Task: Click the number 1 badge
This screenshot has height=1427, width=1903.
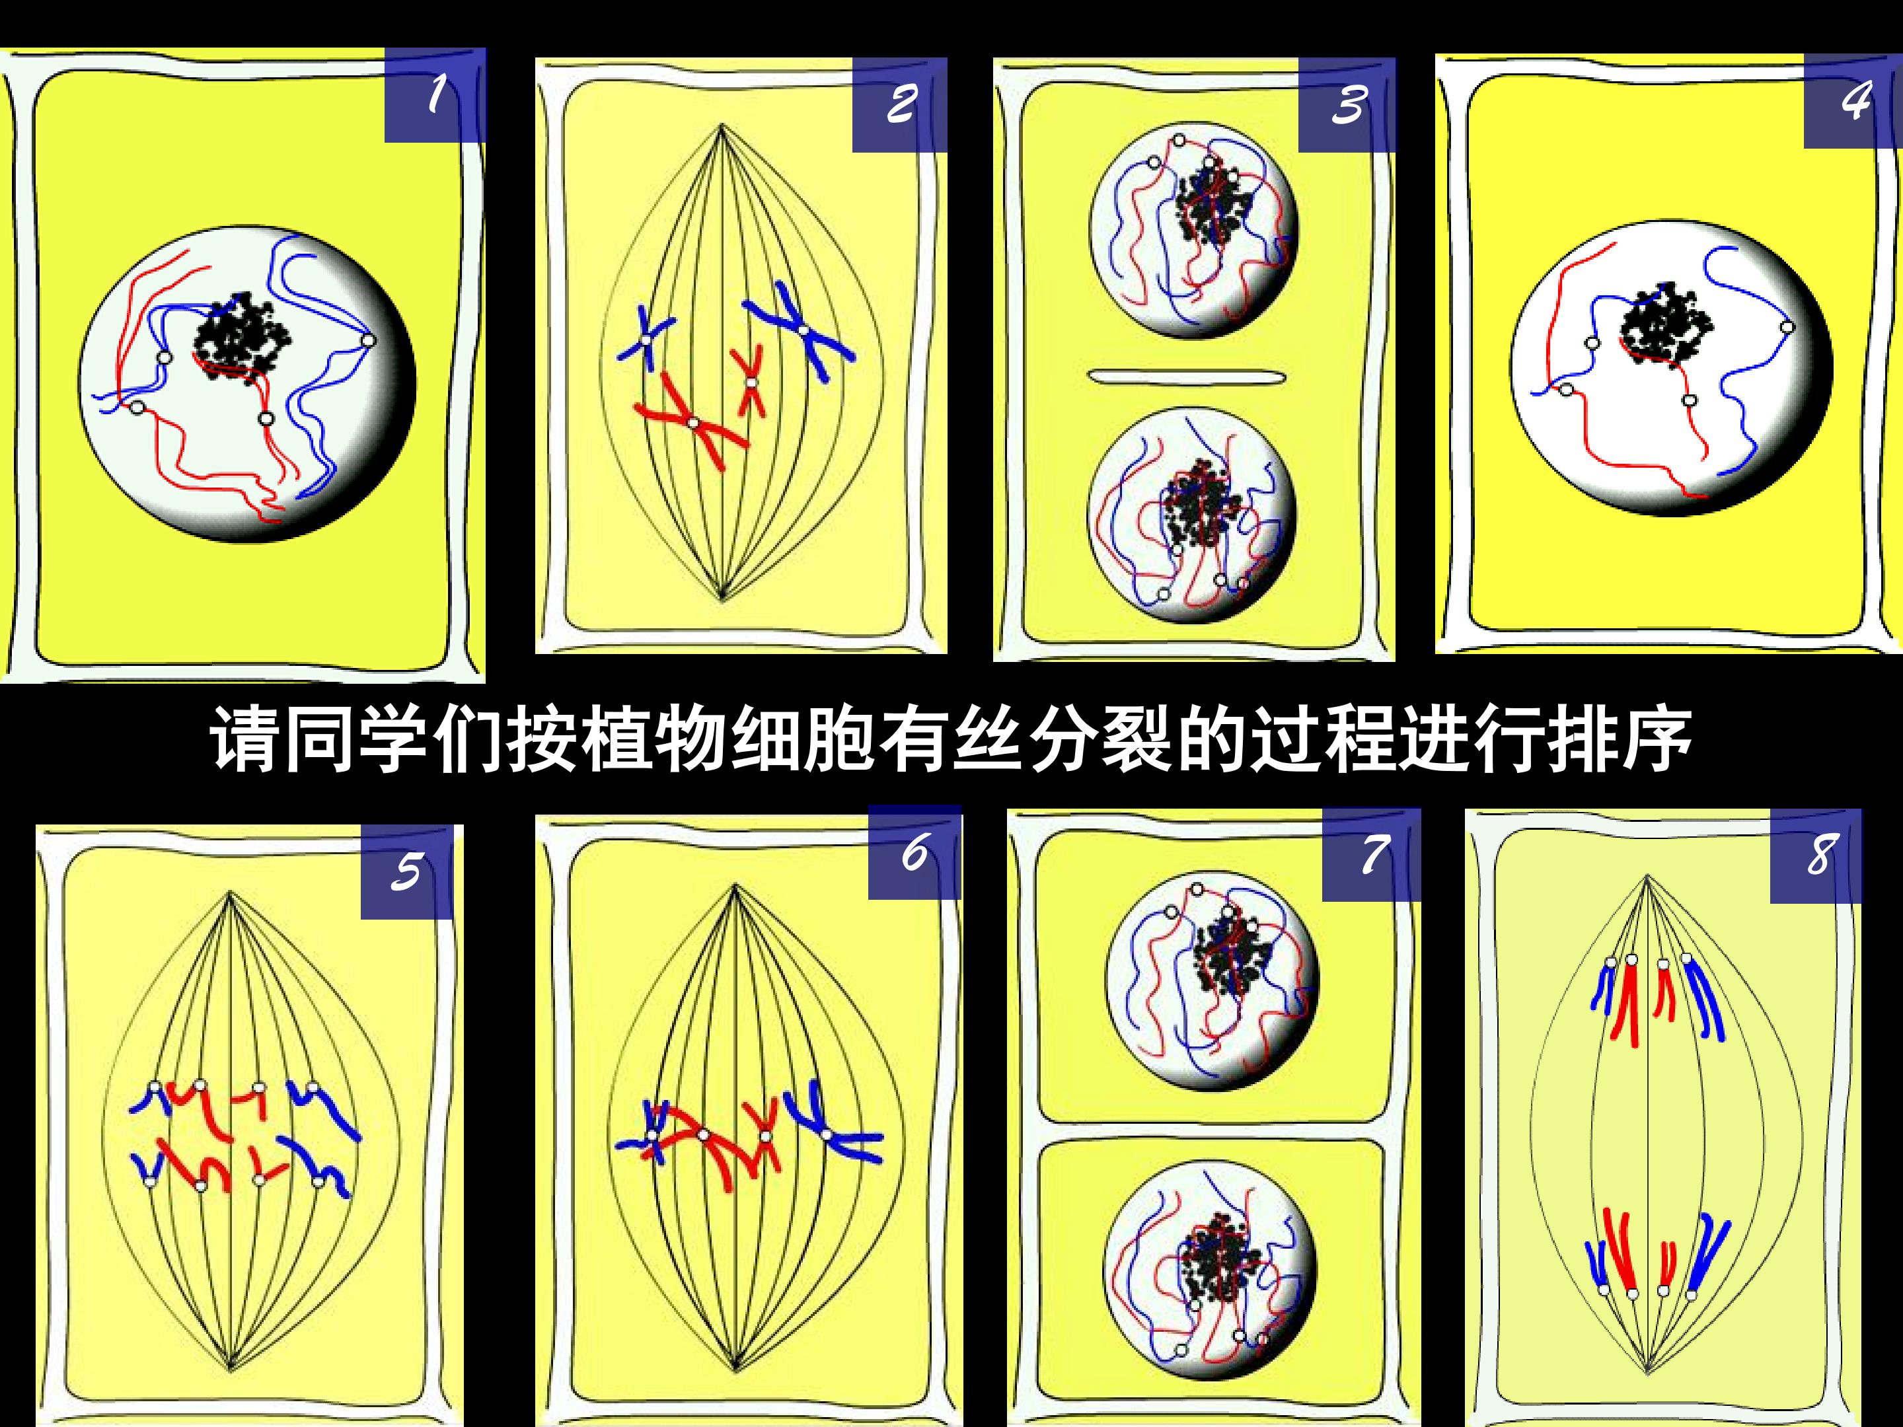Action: pos(435,94)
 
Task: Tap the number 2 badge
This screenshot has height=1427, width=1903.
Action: pos(900,105)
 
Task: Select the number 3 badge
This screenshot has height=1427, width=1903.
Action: pos(1347,105)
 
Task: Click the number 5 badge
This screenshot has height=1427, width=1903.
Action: pos(407,872)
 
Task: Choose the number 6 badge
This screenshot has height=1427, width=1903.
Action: pos(914,852)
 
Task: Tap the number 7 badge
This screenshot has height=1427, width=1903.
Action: pos(1370,854)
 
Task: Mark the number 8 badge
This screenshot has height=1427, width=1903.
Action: pos(1815,856)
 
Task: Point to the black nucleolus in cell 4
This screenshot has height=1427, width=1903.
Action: pos(1666,324)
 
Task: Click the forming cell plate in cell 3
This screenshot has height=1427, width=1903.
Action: pos(1186,376)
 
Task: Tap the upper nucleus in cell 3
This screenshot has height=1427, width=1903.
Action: pos(1194,230)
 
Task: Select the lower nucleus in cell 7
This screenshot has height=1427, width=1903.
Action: pos(1210,1265)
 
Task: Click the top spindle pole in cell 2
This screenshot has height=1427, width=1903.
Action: pos(722,126)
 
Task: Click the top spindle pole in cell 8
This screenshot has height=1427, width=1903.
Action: pos(1647,877)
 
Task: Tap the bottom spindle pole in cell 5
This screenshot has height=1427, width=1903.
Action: pos(231,1368)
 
